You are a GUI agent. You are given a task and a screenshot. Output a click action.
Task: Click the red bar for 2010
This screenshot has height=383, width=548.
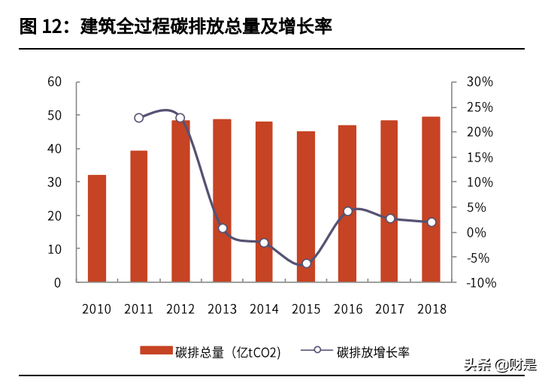(x=97, y=228)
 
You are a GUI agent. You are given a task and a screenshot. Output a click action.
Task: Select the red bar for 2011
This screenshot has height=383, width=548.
(x=139, y=216)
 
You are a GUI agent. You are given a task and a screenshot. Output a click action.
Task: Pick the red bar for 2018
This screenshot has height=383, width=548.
(x=431, y=199)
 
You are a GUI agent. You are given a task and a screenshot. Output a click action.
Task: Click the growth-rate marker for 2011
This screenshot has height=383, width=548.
(x=139, y=118)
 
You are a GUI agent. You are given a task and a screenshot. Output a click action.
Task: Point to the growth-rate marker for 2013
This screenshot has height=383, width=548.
(x=223, y=228)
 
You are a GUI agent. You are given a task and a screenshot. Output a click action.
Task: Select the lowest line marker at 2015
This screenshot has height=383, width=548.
(x=306, y=264)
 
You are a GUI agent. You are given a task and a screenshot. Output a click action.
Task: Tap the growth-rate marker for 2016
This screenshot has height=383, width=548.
(x=347, y=212)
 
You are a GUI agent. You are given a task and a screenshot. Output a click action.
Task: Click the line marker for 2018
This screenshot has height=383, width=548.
(x=431, y=222)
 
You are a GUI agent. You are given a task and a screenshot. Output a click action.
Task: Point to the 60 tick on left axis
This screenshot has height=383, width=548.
(x=54, y=82)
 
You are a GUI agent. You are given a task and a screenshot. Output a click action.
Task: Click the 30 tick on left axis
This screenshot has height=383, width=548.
(x=54, y=182)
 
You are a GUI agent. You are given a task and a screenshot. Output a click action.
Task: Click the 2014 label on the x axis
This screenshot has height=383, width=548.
(x=264, y=309)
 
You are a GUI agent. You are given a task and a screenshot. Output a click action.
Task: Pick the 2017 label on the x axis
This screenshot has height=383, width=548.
(x=389, y=309)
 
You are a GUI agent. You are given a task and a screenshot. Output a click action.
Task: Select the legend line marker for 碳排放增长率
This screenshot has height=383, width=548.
(x=317, y=351)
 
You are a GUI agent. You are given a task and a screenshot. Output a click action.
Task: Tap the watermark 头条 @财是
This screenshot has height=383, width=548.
(x=500, y=366)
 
